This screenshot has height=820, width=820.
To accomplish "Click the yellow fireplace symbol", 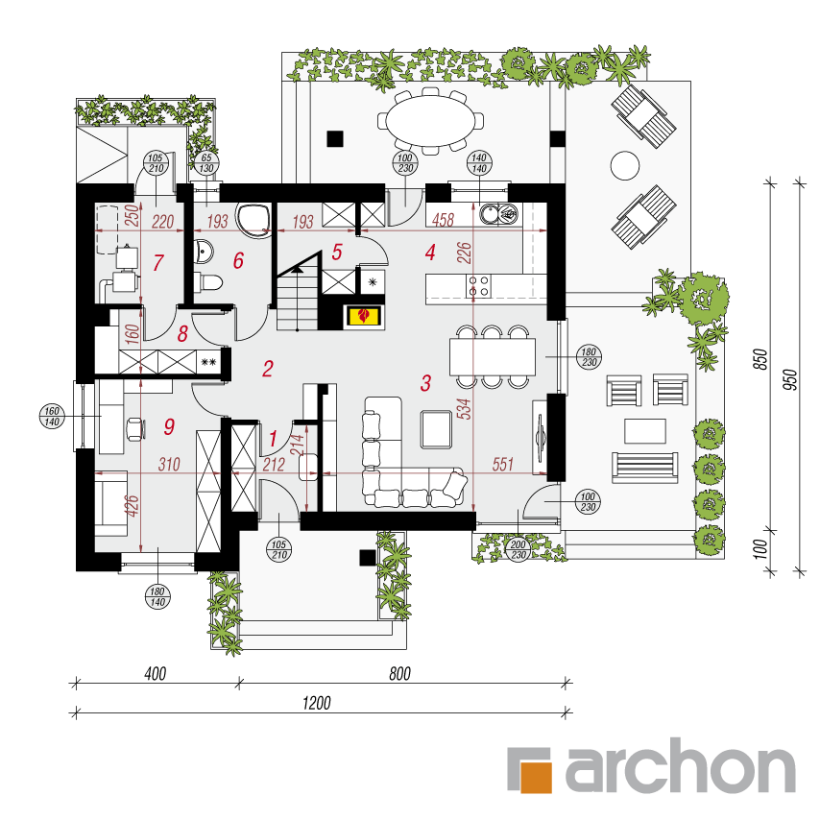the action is (365, 316).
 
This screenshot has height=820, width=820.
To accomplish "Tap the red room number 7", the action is (157, 262).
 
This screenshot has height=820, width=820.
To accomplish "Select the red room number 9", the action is (169, 426).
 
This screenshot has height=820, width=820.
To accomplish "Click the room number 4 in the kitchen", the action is (430, 253).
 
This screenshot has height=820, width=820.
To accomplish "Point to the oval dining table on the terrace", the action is (430, 121).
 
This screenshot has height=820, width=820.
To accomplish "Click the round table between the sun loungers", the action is (624, 165).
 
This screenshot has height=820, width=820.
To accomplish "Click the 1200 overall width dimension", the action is (317, 702).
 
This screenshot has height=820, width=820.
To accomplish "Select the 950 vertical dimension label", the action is (791, 378).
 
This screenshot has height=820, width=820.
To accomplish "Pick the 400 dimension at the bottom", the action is (156, 674).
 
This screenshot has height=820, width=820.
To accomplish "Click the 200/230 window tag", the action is (518, 549).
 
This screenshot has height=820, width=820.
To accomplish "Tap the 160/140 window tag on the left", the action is (52, 417).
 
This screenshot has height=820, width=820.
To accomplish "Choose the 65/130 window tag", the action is (206, 162).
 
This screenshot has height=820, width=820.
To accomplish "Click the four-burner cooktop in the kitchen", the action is (478, 285).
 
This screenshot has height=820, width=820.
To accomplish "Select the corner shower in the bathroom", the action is (253, 220).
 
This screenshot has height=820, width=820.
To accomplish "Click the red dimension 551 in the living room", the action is (502, 464).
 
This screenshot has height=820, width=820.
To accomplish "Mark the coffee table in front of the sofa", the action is (436, 429).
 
